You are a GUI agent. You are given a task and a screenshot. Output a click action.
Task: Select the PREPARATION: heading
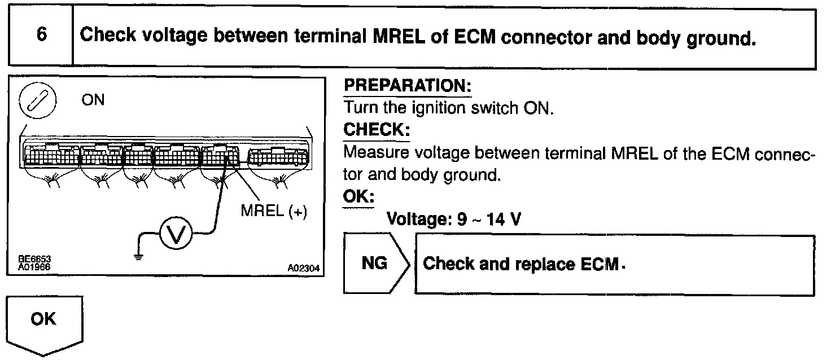[x=407, y=87]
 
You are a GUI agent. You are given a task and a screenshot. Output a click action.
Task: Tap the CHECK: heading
[x=377, y=130]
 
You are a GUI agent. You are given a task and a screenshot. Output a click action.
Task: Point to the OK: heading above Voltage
[x=358, y=197]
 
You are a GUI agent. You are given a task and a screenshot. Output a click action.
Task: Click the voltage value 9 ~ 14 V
[x=489, y=219]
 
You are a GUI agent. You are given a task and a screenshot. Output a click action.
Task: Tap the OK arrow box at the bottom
[x=44, y=323]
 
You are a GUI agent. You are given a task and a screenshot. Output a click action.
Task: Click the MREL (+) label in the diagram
[x=273, y=213]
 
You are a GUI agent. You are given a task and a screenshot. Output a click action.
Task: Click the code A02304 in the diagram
[x=303, y=270]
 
